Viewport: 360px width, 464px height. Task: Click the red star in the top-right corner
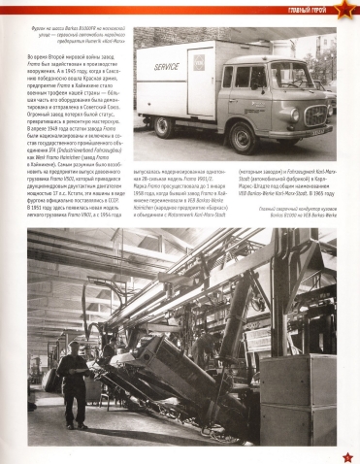point(350,11)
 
